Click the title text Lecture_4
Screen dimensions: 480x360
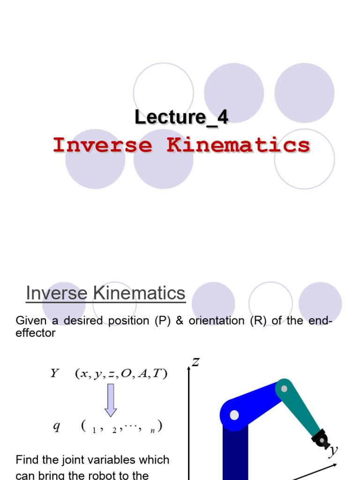tap(181, 117)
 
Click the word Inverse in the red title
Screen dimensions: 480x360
tap(103, 145)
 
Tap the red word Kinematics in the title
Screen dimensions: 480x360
tap(238, 145)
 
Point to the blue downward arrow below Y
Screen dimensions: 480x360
tap(111, 400)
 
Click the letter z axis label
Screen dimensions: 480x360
tap(196, 361)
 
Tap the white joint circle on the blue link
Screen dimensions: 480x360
tap(234, 415)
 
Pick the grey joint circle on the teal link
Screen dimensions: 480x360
tap(284, 389)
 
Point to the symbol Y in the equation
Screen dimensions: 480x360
tap(54, 374)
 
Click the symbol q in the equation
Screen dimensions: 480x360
tap(56, 427)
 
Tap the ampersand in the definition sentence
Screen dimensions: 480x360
tap(180, 321)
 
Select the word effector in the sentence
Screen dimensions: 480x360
tap(36, 333)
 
